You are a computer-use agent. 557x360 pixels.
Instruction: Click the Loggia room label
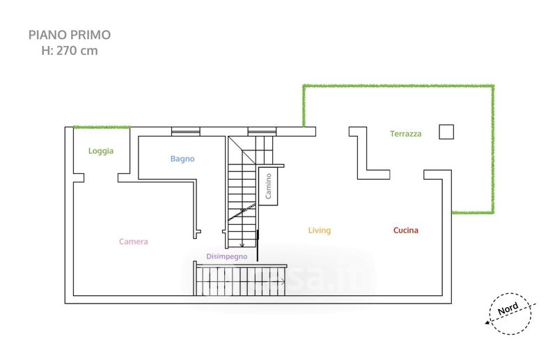pyautogui.click(x=101, y=150)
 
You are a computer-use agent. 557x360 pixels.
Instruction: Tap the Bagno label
pyautogui.click(x=182, y=159)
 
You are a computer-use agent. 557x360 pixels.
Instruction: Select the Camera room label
pyautogui.click(x=133, y=242)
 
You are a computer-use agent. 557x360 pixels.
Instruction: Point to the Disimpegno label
pyautogui.click(x=227, y=256)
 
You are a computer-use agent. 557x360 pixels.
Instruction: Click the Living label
pyautogui.click(x=320, y=230)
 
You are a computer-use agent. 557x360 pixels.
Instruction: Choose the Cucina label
pyautogui.click(x=406, y=230)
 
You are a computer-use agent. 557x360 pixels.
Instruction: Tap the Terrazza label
pyautogui.click(x=405, y=134)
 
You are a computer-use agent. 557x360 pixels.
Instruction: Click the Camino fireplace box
pyautogui.click(x=268, y=186)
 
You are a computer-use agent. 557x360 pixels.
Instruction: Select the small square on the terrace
pyautogui.click(x=446, y=131)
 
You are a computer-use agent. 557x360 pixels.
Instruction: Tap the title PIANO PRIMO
pyautogui.click(x=69, y=34)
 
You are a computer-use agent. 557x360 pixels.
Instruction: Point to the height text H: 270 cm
pyautogui.click(x=69, y=50)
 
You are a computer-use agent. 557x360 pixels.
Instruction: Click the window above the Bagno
pyautogui.click(x=185, y=130)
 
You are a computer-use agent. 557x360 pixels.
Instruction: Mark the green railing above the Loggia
pyautogui.click(x=102, y=127)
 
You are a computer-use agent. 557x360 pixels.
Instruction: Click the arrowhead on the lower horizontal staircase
pyautogui.click(x=282, y=281)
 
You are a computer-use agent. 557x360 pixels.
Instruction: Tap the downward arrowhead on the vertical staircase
pyautogui.click(x=242, y=244)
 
